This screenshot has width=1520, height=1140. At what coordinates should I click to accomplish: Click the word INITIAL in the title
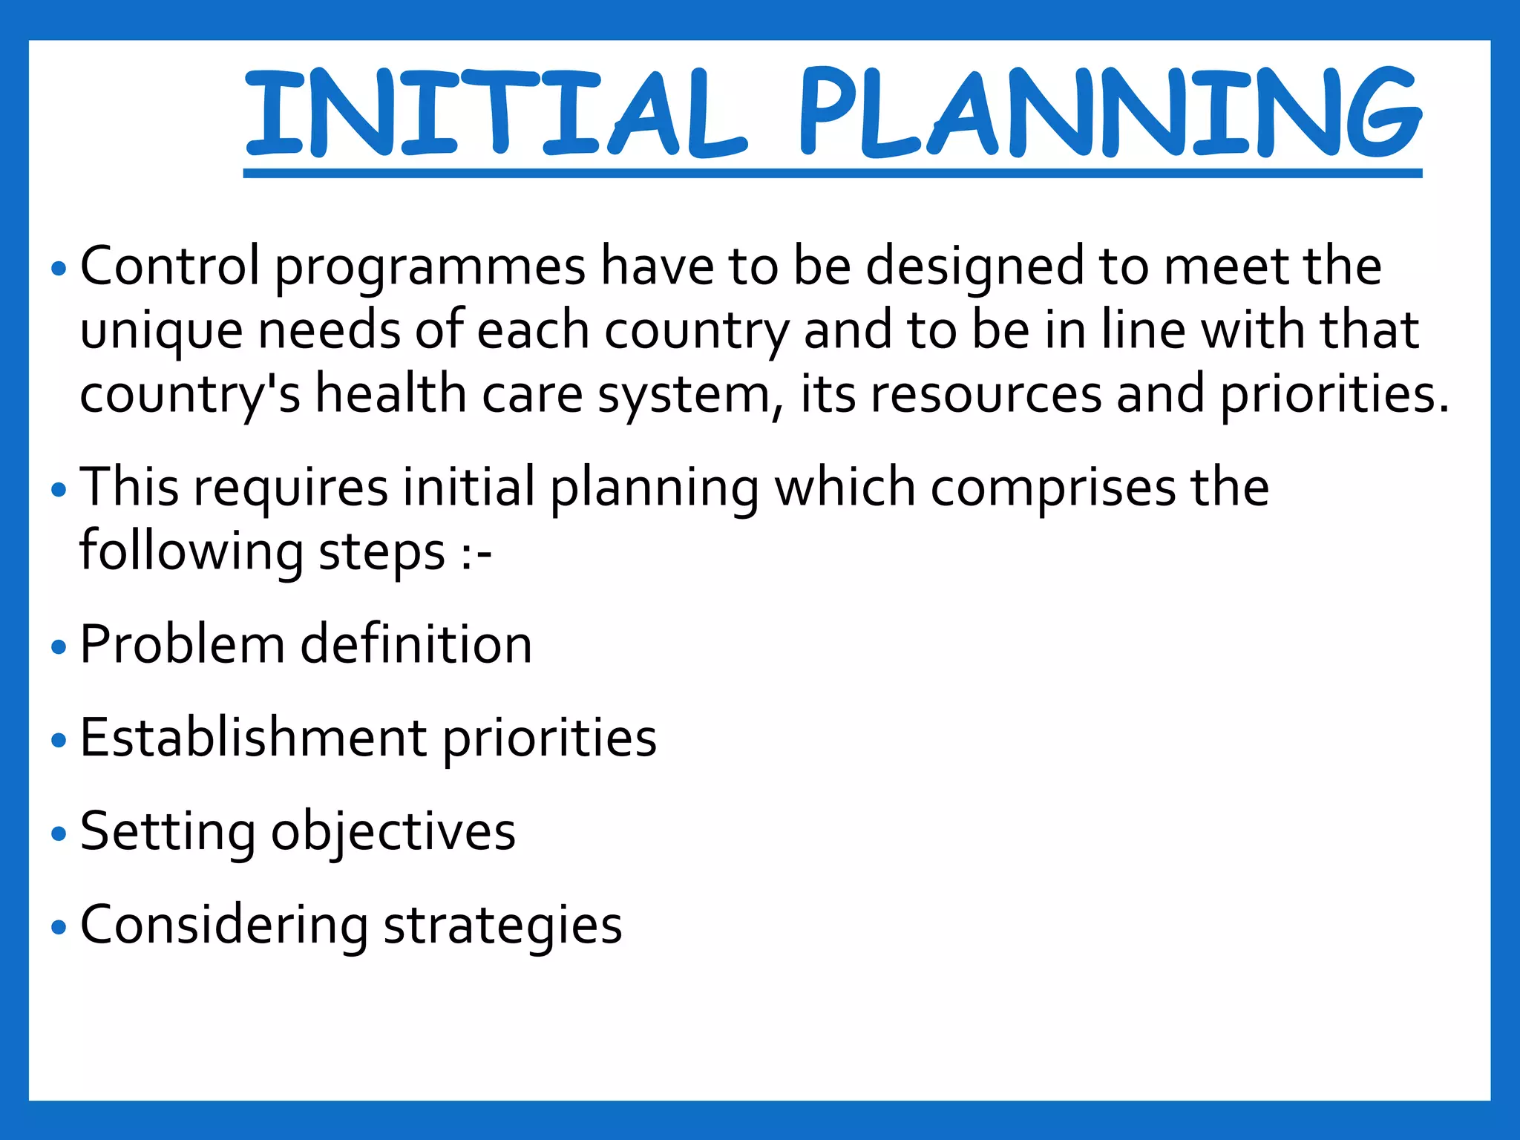tap(494, 113)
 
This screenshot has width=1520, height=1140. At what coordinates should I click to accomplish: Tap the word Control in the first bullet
tap(170, 266)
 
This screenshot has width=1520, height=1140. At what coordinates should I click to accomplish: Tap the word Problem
tap(182, 644)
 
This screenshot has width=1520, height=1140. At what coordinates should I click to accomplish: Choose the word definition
tap(416, 644)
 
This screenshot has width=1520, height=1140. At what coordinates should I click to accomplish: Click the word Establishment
tap(253, 738)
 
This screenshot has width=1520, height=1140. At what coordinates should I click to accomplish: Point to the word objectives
tap(393, 833)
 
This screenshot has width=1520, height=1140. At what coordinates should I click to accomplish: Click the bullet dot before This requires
tap(59, 490)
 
